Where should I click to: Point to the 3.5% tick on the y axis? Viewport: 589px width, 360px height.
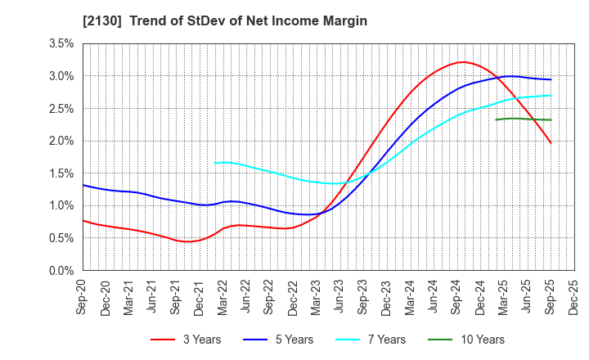click(x=62, y=43)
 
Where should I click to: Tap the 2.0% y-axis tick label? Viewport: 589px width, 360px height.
click(x=62, y=141)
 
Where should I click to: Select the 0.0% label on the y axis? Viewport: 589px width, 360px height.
click(x=62, y=271)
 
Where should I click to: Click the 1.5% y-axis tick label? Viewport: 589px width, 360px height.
click(x=62, y=173)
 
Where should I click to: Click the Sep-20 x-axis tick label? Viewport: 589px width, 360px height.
click(x=83, y=295)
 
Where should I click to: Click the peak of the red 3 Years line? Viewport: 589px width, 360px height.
click(x=463, y=62)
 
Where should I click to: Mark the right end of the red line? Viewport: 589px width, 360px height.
click(x=551, y=142)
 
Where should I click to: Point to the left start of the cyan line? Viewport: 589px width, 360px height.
click(x=215, y=163)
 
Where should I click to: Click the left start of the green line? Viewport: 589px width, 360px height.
click(x=496, y=119)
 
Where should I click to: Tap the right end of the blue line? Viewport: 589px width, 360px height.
click(x=551, y=79)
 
